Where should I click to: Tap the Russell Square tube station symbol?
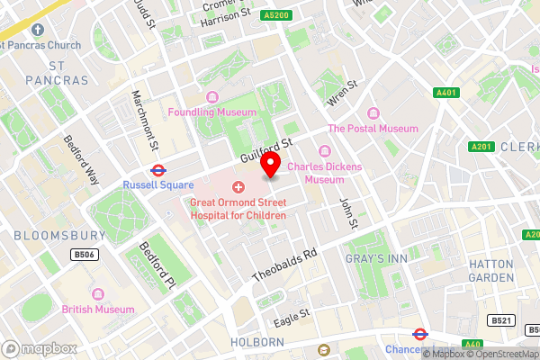[x=157, y=168]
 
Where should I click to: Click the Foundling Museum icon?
[x=212, y=97]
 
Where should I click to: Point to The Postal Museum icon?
[x=373, y=113]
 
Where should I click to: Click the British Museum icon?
[x=96, y=294]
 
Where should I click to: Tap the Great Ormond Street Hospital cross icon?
[x=238, y=187]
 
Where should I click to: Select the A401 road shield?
[x=445, y=93]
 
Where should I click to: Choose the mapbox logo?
[x=40, y=348]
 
